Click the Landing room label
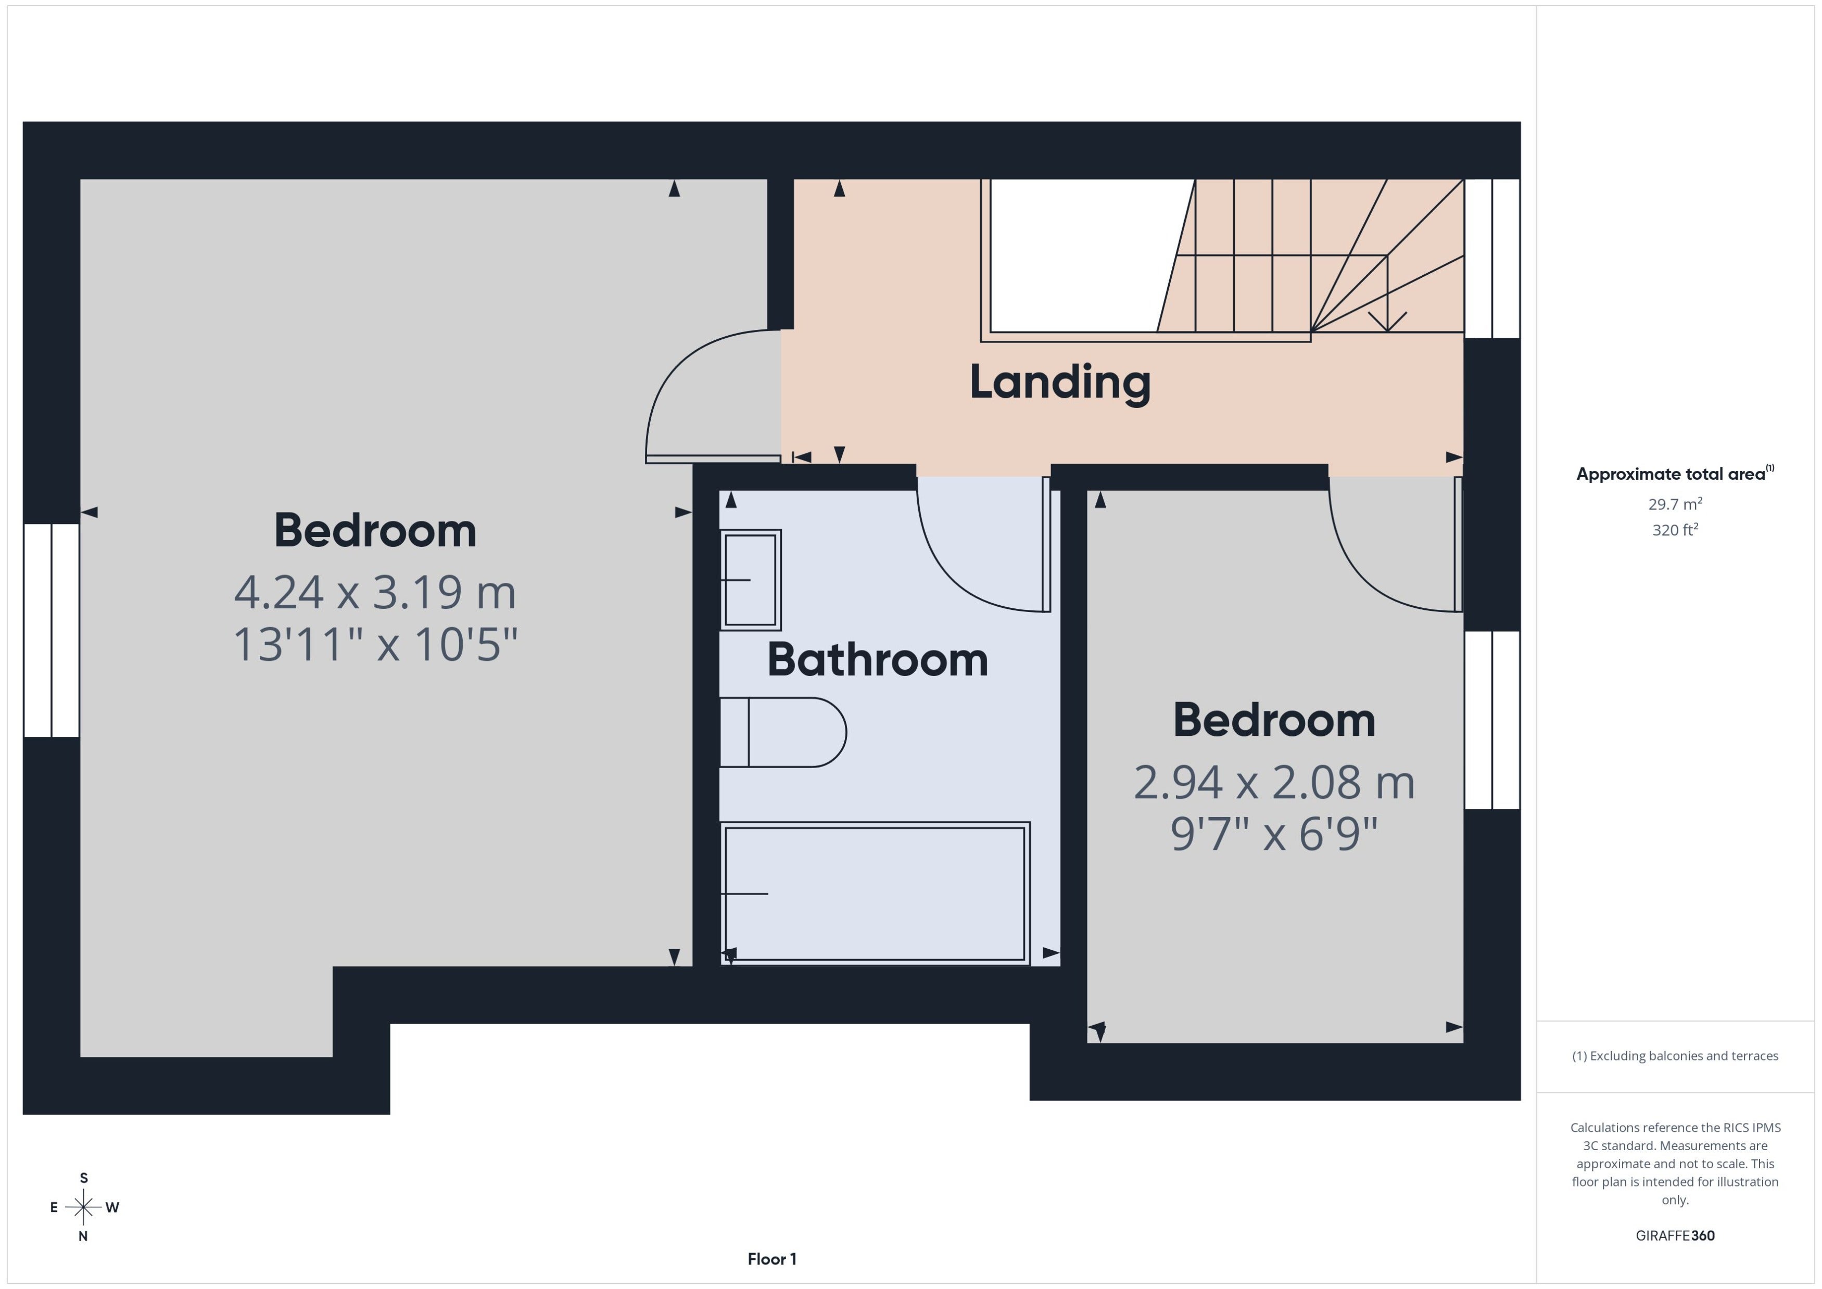[1060, 382]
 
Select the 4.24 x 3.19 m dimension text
[375, 592]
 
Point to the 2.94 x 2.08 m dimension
[1274, 783]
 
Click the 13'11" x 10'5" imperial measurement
[375, 644]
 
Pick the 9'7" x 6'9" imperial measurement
[1274, 834]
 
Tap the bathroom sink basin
[750, 580]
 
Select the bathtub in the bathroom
[875, 894]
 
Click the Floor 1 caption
[771, 1259]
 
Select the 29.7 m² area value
[1675, 504]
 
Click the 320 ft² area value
[1675, 529]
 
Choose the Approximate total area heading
[1675, 474]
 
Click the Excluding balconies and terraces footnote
[1675, 1056]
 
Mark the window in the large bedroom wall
[52, 630]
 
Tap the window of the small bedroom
[1492, 720]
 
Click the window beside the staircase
[1492, 259]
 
